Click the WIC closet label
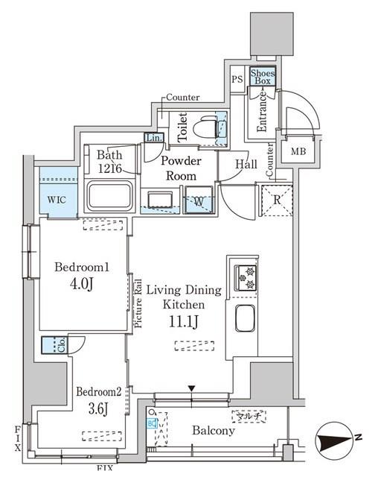coord(57,200)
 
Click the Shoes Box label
coord(263,77)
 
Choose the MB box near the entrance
coord(298,152)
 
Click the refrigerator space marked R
coord(277,200)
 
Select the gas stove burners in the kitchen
coord(246,277)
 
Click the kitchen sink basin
coord(246,320)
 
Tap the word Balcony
coord(214,431)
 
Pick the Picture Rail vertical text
coord(138,303)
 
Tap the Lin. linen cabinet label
coord(153,138)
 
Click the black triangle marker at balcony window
coord(192,388)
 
